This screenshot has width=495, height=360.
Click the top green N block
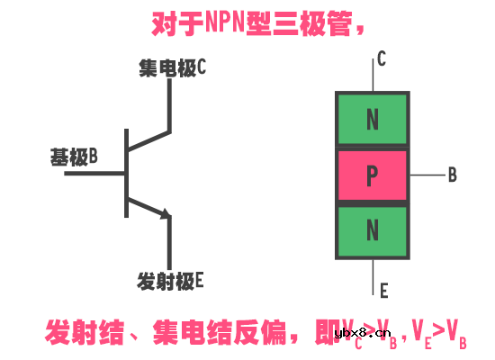pyautogui.click(x=372, y=119)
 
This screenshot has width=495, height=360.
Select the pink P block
pyautogui.click(x=372, y=175)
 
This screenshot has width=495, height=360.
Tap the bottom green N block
pyautogui.click(x=372, y=231)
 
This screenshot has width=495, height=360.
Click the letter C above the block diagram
pyautogui.click(x=382, y=60)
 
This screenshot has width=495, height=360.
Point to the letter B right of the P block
pyautogui.click(x=452, y=175)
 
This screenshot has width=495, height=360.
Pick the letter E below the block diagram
pyautogui.click(x=383, y=290)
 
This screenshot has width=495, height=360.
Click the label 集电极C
pyautogui.click(x=174, y=67)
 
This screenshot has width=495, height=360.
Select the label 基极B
pyautogui.click(x=74, y=157)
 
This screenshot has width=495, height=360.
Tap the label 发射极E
pyautogui.click(x=171, y=281)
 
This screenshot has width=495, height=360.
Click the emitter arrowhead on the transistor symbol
pyautogui.click(x=165, y=214)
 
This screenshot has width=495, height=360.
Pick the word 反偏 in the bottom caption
pyautogui.click(x=256, y=330)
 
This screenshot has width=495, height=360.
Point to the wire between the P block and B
pyautogui.click(x=425, y=175)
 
